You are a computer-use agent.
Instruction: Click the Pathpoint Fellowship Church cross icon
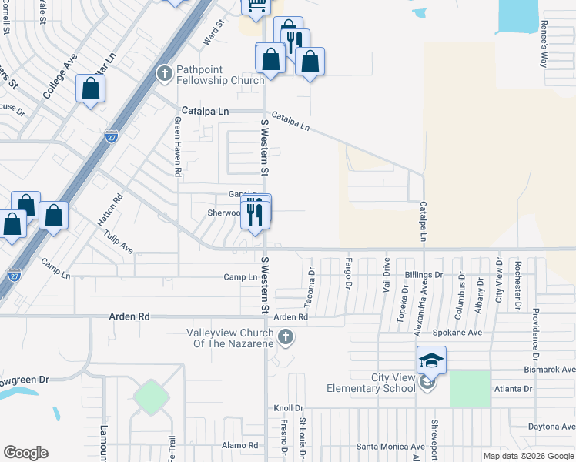pyautogui.click(x=164, y=74)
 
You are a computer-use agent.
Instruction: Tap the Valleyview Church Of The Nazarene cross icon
pyautogui.click(x=285, y=336)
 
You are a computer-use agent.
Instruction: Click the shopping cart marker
pyautogui.click(x=256, y=5)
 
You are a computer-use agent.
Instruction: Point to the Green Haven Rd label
pyautogui.click(x=177, y=146)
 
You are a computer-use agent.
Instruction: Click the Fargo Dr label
pyautogui.click(x=348, y=276)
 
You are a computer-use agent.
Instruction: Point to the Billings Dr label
pyautogui.click(x=424, y=275)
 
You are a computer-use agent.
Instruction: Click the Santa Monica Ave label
pyautogui.click(x=390, y=447)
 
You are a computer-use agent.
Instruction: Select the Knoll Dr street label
pyautogui.click(x=289, y=408)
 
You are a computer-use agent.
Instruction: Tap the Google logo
pyautogui.click(x=25, y=453)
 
